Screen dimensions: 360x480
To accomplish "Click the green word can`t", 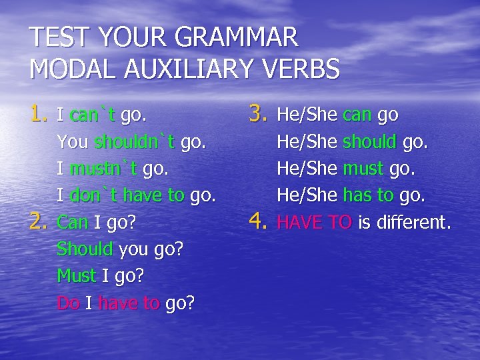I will point(93,115).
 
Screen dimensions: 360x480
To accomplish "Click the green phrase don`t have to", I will point(127,195).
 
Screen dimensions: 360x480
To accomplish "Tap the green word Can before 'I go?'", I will point(73,222).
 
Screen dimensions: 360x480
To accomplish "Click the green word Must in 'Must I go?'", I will point(76,275).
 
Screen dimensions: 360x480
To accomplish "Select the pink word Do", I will point(69,303).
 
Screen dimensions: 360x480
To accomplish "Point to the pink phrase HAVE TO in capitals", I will point(314,222).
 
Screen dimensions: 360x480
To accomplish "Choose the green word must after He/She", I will point(363,169).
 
